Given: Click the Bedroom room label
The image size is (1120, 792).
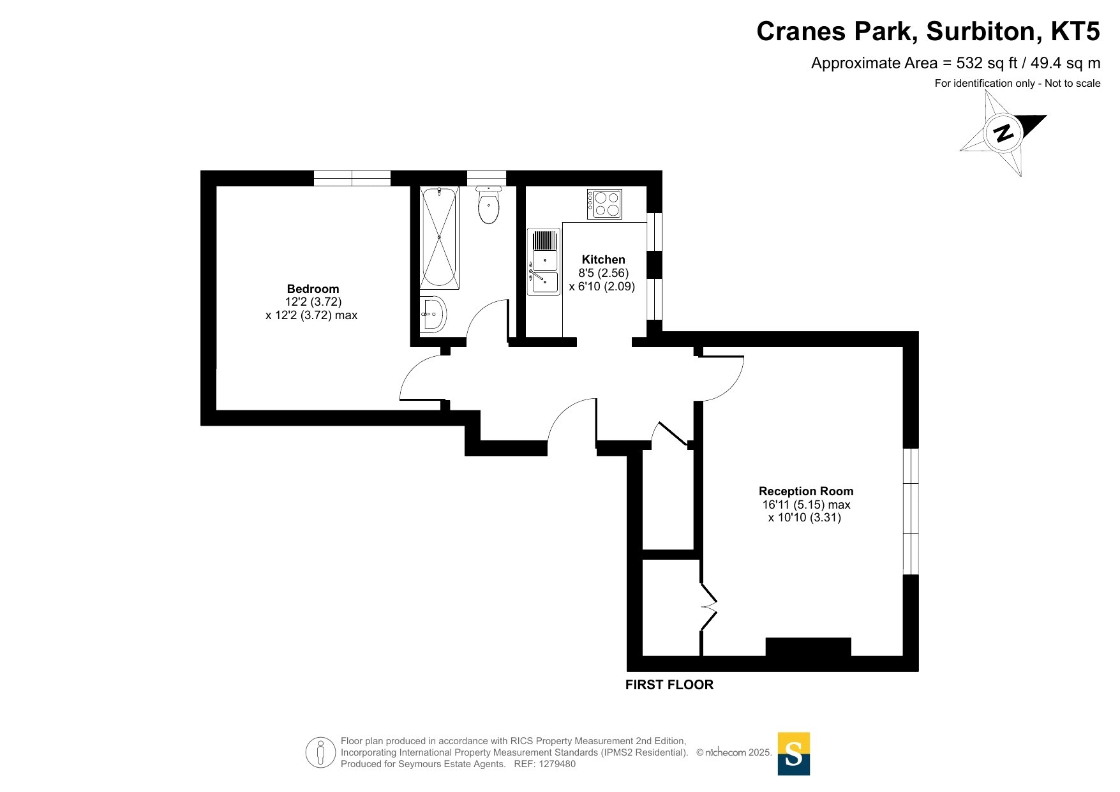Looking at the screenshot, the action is (313, 289).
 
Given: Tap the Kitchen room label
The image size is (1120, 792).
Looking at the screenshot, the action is (603, 260).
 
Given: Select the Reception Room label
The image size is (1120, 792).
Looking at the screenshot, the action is (806, 491).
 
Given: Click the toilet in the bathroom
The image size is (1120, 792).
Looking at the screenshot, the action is (489, 204).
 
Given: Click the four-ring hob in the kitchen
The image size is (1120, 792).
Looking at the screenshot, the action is (604, 204).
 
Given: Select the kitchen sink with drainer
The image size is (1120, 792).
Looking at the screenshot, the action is (543, 262).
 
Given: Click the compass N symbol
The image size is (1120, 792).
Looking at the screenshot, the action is (1003, 133).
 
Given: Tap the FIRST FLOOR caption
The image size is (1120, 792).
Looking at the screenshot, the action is (669, 685).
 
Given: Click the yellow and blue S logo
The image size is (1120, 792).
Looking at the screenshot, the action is (794, 754).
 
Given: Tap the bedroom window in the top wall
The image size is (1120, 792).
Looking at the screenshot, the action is (352, 178).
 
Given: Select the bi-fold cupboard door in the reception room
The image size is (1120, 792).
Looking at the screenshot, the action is (708, 606).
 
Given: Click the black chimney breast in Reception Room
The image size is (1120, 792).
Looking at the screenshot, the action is (808, 646).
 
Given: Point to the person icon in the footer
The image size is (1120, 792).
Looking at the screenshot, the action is (320, 752).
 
